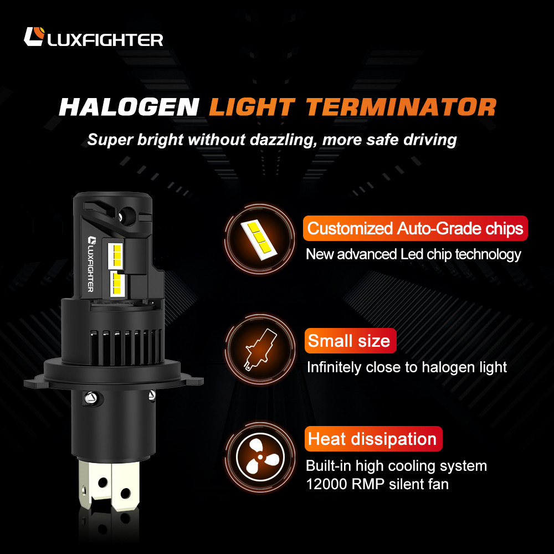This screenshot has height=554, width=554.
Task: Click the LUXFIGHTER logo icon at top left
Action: (34, 37)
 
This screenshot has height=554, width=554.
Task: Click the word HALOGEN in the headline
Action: (129, 107)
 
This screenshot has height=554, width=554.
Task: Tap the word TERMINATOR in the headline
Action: (401, 107)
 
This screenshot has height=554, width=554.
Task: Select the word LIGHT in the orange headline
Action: (252, 107)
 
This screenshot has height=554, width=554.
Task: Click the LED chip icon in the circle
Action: (259, 239)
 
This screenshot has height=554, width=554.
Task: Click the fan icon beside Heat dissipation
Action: (260, 457)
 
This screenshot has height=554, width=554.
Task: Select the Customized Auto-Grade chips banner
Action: (415, 228)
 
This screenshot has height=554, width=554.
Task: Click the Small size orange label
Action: (350, 341)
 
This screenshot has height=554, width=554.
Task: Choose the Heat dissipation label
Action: (373, 439)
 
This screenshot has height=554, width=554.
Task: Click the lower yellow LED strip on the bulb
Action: (117, 283)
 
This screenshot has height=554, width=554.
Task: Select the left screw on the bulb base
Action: (90, 398)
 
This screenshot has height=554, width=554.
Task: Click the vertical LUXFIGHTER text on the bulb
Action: (90, 264)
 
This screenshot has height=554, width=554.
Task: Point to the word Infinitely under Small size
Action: (334, 367)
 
